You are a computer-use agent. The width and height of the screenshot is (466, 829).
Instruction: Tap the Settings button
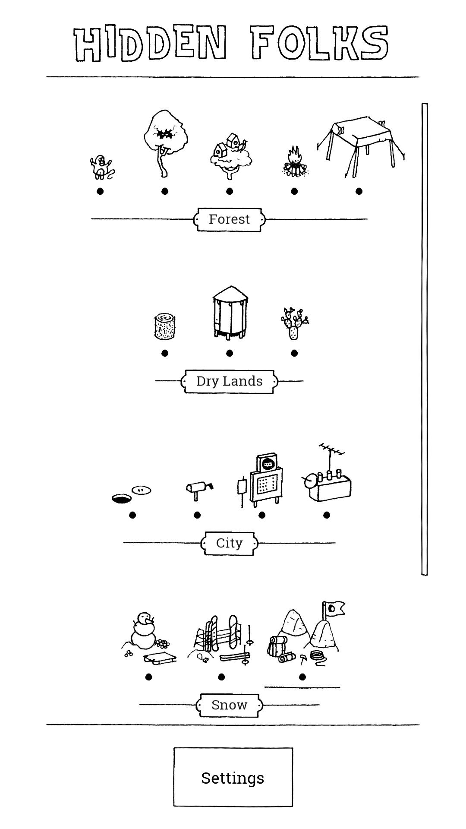click(233, 777)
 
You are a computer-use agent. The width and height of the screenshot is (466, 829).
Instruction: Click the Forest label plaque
click(229, 219)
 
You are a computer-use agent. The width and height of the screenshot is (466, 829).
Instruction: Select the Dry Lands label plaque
click(229, 381)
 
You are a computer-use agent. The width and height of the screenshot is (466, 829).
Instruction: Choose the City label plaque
click(229, 543)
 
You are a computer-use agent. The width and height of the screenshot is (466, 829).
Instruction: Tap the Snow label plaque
click(229, 705)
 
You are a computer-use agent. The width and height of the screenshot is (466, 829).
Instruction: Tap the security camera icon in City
click(198, 489)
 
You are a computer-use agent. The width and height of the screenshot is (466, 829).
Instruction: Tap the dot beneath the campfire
click(294, 191)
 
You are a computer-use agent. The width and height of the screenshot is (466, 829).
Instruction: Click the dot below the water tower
click(230, 353)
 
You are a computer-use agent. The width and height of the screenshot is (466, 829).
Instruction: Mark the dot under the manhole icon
click(132, 515)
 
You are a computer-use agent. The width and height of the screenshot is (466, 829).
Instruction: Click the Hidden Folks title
click(231, 43)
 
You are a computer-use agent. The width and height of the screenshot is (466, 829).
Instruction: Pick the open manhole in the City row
click(122, 499)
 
